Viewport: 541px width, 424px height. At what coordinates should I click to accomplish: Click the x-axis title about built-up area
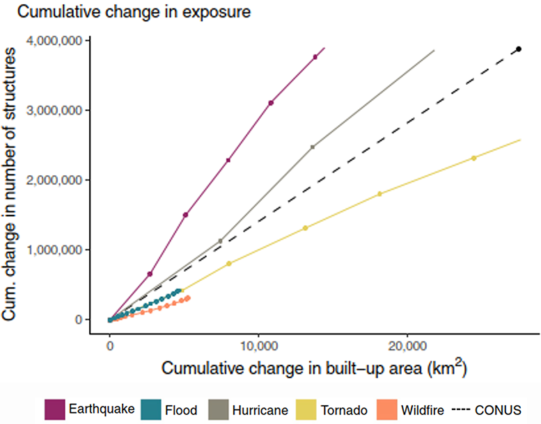(x=314, y=368)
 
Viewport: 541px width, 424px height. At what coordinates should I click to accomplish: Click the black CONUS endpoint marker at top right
(x=519, y=49)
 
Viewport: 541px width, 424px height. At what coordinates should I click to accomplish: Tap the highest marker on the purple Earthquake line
(x=315, y=57)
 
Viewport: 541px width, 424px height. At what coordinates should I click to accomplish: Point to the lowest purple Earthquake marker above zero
(x=150, y=274)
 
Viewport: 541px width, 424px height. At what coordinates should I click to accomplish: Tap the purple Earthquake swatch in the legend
(x=55, y=410)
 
